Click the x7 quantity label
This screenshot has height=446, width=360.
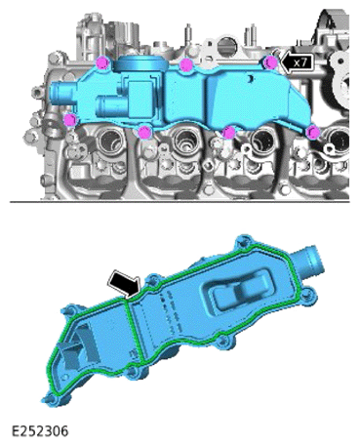click(x=300, y=62)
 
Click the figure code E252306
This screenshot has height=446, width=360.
click(x=40, y=431)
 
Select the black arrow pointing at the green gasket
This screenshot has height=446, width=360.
click(x=125, y=284)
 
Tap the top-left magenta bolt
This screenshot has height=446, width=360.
click(x=102, y=62)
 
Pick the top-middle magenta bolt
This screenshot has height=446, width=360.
click(x=185, y=65)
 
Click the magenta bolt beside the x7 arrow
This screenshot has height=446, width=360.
click(x=270, y=62)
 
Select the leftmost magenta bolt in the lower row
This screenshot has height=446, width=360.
click(x=70, y=119)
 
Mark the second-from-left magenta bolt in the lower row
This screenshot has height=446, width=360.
click(x=144, y=133)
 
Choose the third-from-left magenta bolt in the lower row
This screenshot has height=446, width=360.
click(x=228, y=133)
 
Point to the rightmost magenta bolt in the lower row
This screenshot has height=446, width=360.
click(x=313, y=133)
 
